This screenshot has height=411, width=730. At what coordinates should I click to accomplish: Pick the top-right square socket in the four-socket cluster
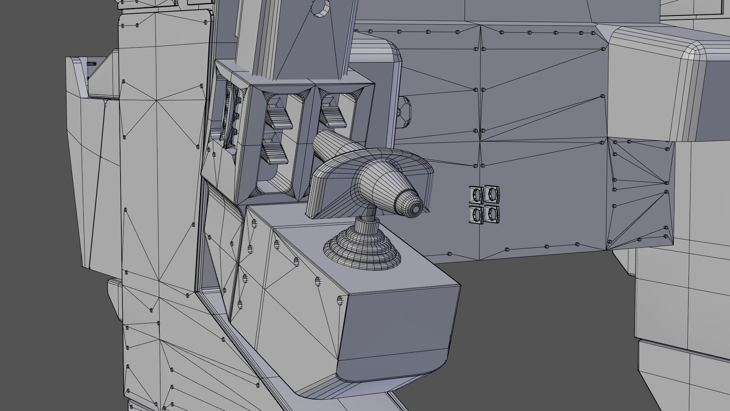(x=492, y=194)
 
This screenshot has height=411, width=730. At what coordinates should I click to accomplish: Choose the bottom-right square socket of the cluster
(x=492, y=214)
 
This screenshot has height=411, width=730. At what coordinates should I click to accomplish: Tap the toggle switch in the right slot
(x=333, y=114)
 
